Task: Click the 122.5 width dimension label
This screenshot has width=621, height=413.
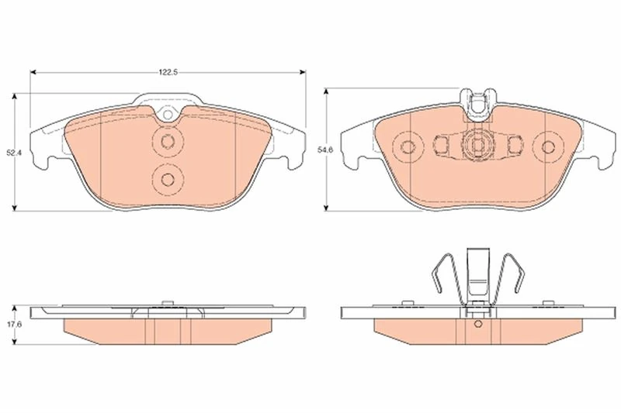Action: click(168, 72)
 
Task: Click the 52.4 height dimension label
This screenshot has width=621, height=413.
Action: click(12, 153)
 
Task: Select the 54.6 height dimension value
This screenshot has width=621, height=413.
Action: click(326, 150)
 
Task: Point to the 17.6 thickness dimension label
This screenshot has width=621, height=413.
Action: click(14, 324)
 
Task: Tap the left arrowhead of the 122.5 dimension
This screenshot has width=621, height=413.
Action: click(33, 72)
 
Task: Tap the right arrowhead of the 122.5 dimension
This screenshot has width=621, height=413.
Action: click(303, 72)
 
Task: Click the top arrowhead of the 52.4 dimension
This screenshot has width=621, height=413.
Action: click(15, 96)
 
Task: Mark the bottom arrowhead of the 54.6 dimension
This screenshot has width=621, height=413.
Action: click(326, 208)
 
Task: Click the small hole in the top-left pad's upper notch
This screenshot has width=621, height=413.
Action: click(168, 115)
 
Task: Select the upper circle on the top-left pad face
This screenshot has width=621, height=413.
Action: click(168, 142)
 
